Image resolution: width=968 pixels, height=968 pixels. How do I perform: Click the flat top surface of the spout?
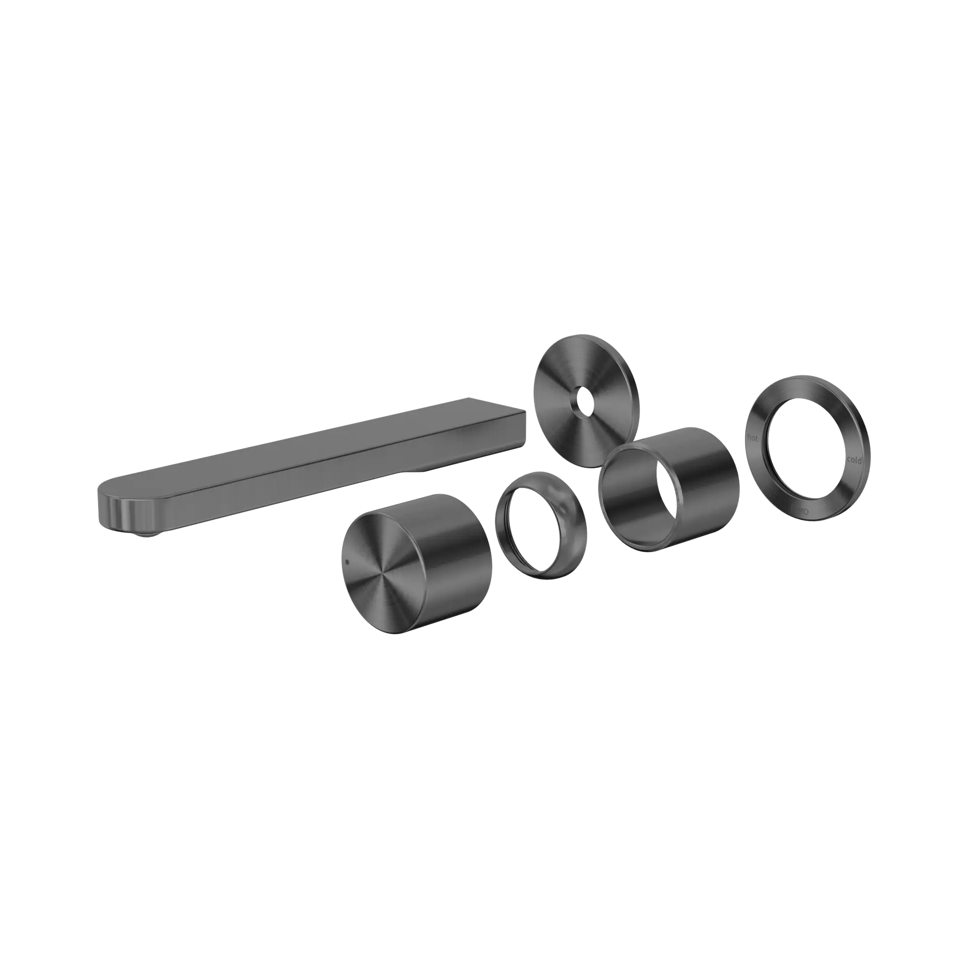(311, 441)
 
